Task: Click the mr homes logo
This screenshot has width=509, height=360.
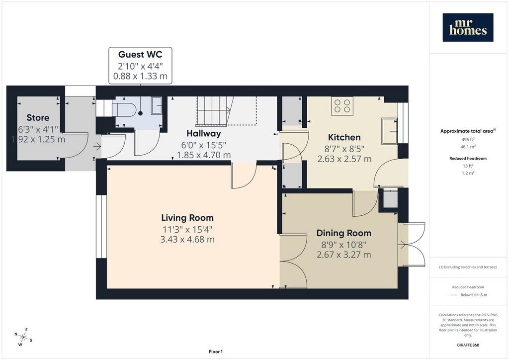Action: (x=468, y=27)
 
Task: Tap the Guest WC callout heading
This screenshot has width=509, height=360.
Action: (x=140, y=54)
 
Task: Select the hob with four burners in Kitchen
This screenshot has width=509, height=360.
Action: (x=342, y=106)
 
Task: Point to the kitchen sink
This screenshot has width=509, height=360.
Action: (x=390, y=131)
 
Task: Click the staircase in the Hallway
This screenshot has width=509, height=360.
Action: (x=216, y=110)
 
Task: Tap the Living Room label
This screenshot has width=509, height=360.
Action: (x=187, y=218)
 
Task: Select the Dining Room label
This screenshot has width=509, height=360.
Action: (x=344, y=233)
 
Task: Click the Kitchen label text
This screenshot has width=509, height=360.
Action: (x=344, y=137)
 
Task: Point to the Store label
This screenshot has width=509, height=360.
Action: (x=38, y=117)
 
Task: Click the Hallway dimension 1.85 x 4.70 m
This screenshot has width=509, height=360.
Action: (x=203, y=155)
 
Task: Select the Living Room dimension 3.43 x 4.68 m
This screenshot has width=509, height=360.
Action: (x=187, y=240)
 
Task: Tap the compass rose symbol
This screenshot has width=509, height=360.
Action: (x=23, y=337)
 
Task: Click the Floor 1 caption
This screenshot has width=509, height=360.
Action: (x=216, y=352)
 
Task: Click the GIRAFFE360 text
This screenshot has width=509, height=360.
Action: (x=468, y=345)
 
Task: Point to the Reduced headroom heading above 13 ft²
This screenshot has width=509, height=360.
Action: (x=468, y=159)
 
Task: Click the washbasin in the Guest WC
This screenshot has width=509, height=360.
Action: (x=157, y=105)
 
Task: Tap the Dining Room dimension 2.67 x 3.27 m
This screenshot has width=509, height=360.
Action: (x=344, y=255)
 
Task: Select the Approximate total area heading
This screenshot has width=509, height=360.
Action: (x=468, y=131)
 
